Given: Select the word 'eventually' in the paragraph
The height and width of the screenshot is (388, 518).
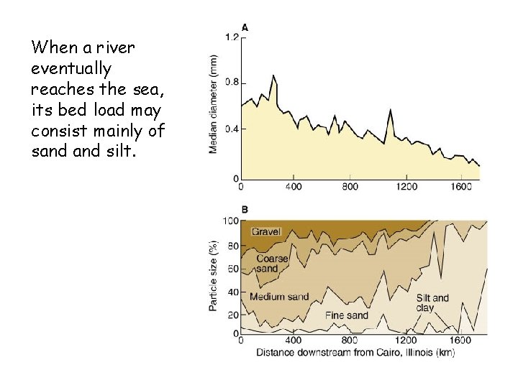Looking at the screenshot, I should click(x=71, y=69).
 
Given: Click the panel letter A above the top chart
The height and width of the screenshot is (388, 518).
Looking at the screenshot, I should click(x=245, y=27).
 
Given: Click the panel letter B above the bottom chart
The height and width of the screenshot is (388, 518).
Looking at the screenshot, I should click(x=245, y=209).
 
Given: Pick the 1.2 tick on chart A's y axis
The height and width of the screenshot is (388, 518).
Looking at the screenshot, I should click(x=232, y=37).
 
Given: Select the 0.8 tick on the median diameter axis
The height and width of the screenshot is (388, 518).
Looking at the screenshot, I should click(x=232, y=82).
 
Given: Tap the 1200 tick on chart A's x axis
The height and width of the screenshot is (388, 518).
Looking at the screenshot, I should click(x=406, y=187).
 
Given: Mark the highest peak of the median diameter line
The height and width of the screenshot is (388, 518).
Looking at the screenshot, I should click(x=273, y=75).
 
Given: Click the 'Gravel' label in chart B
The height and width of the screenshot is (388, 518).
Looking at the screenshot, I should click(x=266, y=231).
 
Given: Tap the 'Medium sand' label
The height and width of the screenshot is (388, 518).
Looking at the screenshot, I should click(x=278, y=297).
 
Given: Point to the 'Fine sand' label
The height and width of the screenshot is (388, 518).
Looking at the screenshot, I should click(x=346, y=315).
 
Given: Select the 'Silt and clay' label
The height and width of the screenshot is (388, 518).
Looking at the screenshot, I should click(x=432, y=302).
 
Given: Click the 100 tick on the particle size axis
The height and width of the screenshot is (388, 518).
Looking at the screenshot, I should click(x=230, y=221).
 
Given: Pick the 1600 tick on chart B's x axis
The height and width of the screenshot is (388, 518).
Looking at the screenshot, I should click(x=460, y=341).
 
